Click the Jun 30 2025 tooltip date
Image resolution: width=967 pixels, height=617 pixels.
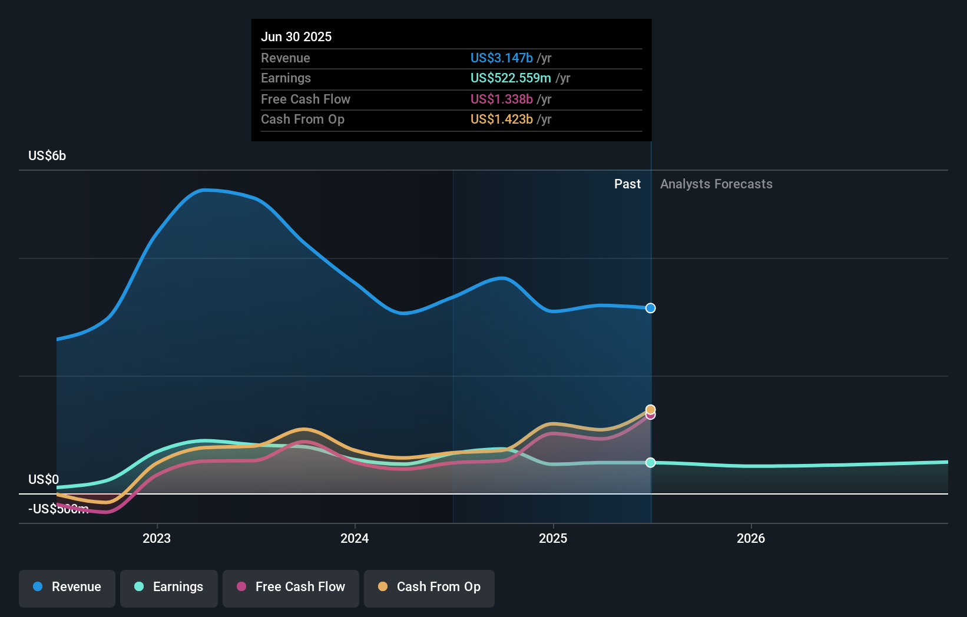point(296,37)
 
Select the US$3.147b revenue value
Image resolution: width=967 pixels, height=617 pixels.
point(501,58)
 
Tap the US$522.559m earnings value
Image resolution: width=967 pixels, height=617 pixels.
point(511,78)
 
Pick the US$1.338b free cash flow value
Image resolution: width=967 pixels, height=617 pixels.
point(501,99)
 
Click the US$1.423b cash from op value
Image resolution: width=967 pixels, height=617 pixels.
point(501,119)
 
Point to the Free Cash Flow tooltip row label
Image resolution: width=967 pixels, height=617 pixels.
point(305,99)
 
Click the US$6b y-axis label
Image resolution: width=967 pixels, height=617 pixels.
point(47,155)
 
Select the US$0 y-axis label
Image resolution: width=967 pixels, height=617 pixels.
point(44,479)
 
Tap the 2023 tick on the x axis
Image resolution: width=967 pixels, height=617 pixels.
point(157,538)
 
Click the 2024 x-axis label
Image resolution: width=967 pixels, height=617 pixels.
point(355,538)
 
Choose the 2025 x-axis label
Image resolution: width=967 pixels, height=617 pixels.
point(553,538)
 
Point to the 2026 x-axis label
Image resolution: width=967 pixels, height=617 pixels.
point(751,538)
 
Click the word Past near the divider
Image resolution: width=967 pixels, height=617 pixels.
point(627,184)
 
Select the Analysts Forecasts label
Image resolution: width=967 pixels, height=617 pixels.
point(716,184)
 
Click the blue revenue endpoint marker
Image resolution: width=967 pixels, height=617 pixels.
point(650,308)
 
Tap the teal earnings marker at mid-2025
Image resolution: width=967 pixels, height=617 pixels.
point(650,463)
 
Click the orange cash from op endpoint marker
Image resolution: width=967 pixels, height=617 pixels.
point(650,409)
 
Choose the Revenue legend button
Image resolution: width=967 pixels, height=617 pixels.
point(67,587)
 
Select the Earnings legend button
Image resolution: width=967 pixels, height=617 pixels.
point(169,587)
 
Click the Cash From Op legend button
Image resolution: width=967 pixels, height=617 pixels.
point(429,587)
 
